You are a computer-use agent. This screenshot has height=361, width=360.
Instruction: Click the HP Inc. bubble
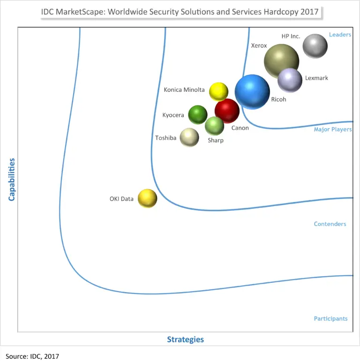click(315, 46)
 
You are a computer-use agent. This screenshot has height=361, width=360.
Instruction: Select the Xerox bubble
click(281, 61)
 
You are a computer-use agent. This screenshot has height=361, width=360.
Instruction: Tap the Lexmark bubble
click(290, 80)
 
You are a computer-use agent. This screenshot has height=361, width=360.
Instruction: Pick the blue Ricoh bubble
click(252, 92)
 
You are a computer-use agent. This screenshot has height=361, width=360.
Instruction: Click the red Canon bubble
click(227, 111)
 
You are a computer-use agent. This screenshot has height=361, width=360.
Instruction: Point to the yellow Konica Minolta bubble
click(218, 92)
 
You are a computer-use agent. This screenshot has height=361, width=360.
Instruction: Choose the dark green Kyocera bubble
click(198, 115)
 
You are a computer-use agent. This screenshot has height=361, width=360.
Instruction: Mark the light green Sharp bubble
click(215, 125)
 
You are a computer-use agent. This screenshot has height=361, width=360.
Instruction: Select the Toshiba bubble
click(189, 137)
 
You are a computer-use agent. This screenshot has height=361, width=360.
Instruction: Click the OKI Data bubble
click(147, 199)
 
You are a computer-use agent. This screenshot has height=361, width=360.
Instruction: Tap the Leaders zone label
click(340, 35)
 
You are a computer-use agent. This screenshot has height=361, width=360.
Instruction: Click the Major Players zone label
click(332, 129)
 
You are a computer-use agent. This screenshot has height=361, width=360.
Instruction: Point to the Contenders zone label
click(330, 224)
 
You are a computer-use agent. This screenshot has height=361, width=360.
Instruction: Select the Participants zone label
click(330, 318)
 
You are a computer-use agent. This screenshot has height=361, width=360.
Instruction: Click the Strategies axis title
click(186, 339)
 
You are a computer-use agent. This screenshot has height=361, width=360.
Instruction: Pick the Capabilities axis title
click(12, 179)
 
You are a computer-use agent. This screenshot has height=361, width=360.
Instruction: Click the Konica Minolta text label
click(184, 90)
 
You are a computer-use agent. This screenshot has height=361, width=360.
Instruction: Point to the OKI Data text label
click(121, 199)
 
